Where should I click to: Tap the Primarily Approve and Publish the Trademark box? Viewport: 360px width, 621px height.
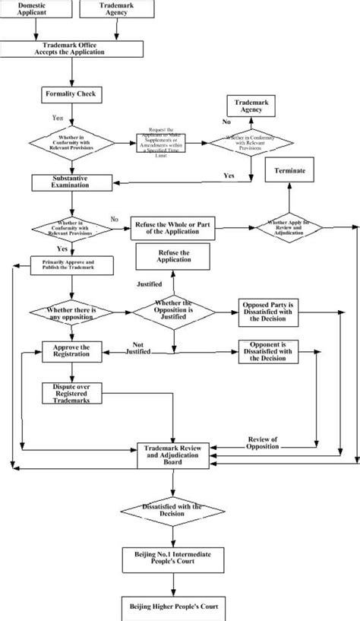tap(73, 265)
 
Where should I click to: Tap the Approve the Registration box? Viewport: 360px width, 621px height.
tap(71, 350)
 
